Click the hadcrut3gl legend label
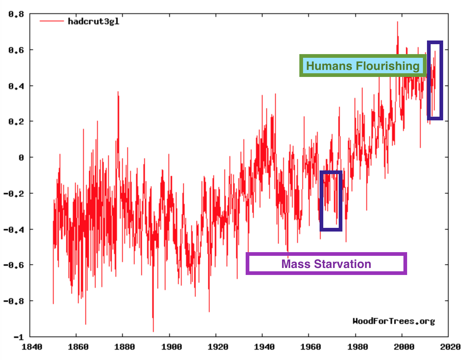93,21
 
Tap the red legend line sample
52,21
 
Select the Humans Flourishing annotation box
363,66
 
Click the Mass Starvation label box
326,264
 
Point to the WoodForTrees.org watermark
394,321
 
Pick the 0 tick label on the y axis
21,158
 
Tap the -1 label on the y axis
18,337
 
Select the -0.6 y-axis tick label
14,265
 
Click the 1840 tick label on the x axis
32,347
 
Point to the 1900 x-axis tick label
171,347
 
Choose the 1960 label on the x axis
311,347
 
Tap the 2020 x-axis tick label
450,347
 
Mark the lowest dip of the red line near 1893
153,330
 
